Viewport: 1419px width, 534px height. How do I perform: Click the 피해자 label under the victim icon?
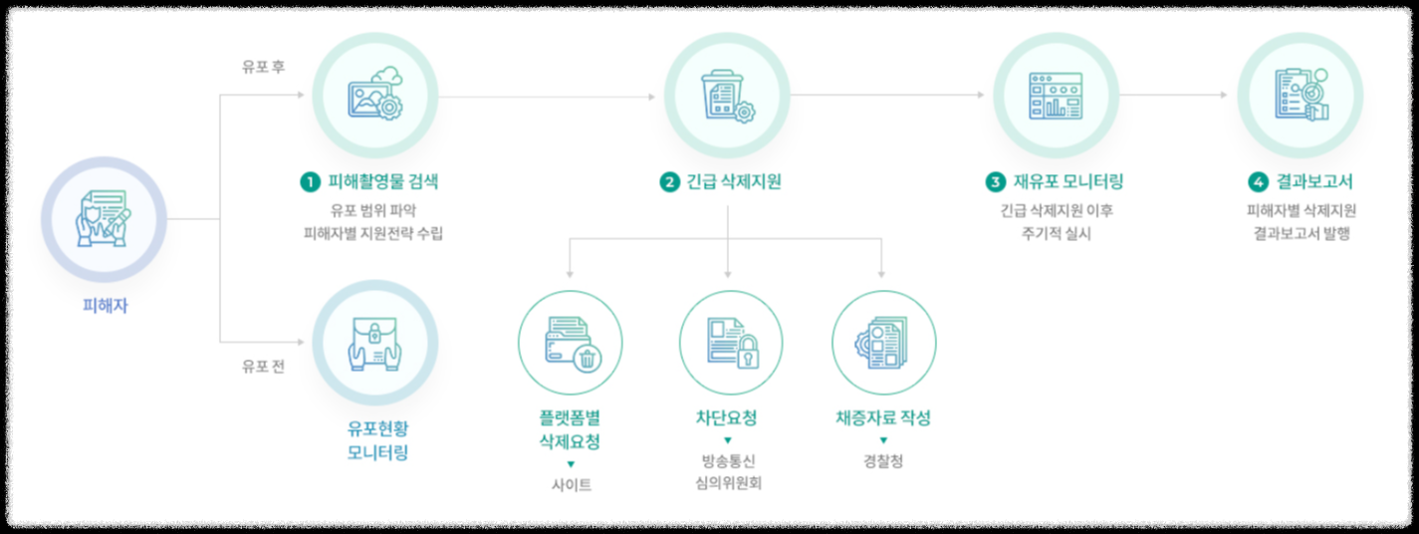[x=105, y=306]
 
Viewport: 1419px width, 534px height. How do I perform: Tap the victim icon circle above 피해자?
[x=104, y=218]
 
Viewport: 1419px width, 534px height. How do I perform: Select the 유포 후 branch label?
[x=264, y=67]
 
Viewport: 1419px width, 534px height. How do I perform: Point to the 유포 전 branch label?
[x=264, y=366]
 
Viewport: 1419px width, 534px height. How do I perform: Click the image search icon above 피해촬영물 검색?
[x=375, y=96]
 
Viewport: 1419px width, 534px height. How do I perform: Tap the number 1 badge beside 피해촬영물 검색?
[x=310, y=182]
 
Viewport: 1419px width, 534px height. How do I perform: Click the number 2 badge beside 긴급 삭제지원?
[x=668, y=182]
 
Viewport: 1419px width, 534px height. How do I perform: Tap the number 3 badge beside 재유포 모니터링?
[x=995, y=182]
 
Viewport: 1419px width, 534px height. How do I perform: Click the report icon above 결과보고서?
[x=1300, y=96]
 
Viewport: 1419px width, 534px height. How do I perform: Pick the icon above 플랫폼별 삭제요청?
[x=571, y=343]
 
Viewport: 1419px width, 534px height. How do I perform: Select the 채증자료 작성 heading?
[x=883, y=418]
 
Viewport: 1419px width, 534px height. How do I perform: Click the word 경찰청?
[x=883, y=461]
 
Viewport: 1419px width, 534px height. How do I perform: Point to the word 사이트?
[x=571, y=485]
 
